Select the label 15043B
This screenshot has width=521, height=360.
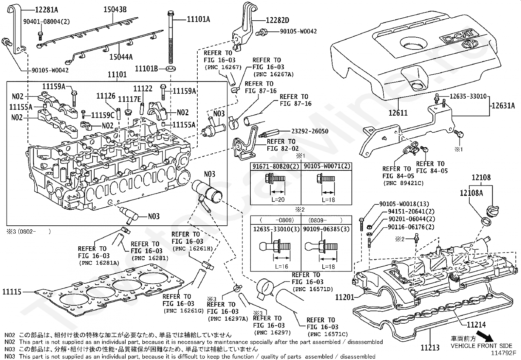tap(115, 9)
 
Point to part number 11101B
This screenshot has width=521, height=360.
tap(146, 69)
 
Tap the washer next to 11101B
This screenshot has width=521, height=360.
tap(171, 69)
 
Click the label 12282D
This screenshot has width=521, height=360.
tap(278, 20)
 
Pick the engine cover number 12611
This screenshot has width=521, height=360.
tap(398, 113)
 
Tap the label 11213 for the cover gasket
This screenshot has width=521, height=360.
tap(430, 347)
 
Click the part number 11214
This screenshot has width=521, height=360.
tap(476, 325)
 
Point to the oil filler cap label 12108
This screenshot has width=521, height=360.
tap(481, 178)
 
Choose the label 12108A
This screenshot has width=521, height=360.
tap(471, 193)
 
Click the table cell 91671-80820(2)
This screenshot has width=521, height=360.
tap(276, 166)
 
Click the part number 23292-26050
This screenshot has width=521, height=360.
tap(310, 131)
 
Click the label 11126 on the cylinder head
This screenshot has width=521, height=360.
tap(106, 96)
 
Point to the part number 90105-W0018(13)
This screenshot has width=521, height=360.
tap(404, 204)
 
